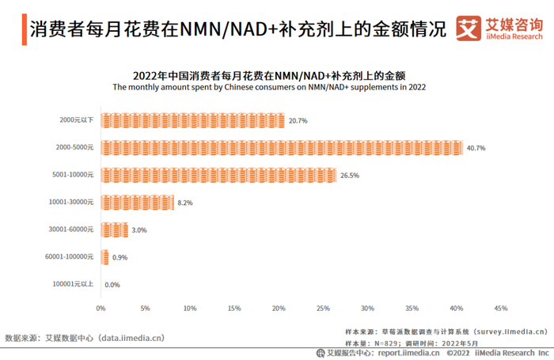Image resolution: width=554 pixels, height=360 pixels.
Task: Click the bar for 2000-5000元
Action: pos(282,148)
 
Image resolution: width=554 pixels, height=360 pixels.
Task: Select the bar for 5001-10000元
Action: pos(218,175)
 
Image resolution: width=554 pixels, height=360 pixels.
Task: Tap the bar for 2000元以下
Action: pos(192,120)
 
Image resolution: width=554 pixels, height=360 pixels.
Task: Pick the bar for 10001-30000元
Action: pos(137,203)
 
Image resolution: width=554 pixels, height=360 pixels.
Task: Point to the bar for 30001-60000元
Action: pos(114,230)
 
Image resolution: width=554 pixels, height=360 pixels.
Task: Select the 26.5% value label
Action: pos(350,175)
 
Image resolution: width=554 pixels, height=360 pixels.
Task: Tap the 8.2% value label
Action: pos(185,203)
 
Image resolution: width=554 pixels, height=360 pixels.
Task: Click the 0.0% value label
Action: pos(112,285)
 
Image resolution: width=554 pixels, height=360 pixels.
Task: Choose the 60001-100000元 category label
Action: pos(70,257)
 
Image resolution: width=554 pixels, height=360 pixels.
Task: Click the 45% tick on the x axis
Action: pos(500,308)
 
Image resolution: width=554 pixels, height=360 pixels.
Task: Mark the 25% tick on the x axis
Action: pos(323,308)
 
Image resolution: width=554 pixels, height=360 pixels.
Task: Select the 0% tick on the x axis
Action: pos(101,308)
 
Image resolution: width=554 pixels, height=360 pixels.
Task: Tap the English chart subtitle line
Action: pos(269,88)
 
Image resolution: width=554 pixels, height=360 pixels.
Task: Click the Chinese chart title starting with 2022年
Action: pos(269,76)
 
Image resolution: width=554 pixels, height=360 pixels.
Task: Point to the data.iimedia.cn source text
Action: pos(131,338)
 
